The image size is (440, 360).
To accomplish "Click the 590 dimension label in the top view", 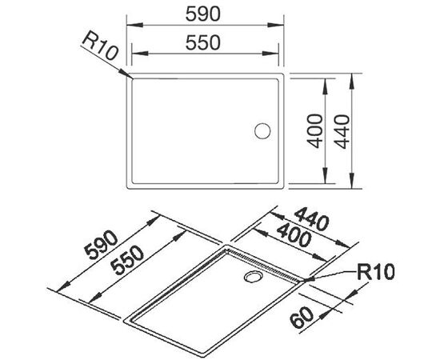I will tap(206, 14).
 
